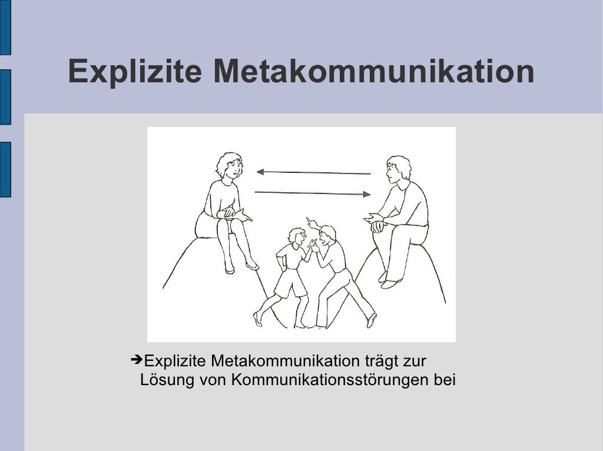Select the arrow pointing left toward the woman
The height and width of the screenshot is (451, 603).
pos(313,173)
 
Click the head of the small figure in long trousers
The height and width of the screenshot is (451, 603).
pos(327,234)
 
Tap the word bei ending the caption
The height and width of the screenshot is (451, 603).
pos(445,380)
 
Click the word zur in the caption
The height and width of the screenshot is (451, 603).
pos(416,360)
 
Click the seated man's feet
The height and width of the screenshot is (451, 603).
pos(389,281)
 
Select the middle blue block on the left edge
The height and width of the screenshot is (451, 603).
pos(5,97)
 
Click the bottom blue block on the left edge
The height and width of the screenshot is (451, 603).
pos(5,169)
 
